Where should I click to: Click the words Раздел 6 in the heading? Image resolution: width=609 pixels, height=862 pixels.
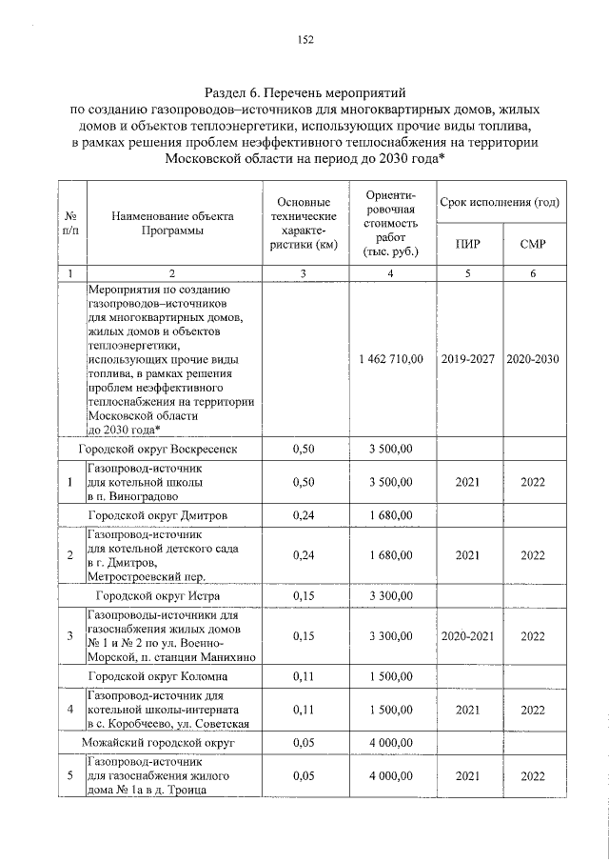pos(235,93)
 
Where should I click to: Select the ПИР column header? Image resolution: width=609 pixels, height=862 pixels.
pos(467,244)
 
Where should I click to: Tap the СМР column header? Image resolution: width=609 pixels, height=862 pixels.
pos(533,244)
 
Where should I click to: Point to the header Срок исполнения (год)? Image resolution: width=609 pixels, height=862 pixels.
pos(500,204)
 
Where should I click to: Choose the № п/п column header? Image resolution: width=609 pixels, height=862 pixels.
pos(70,223)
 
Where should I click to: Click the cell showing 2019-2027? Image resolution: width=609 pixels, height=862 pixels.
pos(467,360)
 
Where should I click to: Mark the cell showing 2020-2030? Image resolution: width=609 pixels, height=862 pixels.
pos(533,360)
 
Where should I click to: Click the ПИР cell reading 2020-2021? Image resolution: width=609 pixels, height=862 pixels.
pos(467,635)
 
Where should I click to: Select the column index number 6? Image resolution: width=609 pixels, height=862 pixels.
pos(533,274)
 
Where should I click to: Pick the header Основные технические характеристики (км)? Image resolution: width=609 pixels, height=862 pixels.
pos(303,223)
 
